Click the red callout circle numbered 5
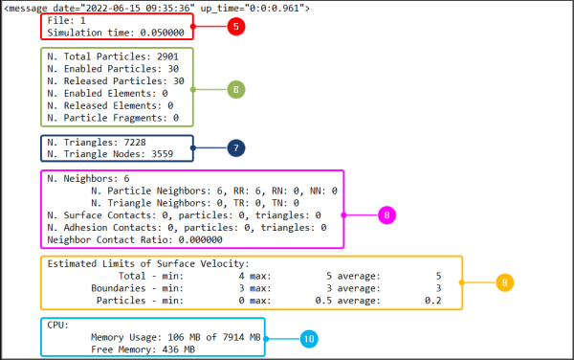(x=235, y=26)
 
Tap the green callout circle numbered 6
(x=235, y=89)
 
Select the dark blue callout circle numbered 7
(x=235, y=148)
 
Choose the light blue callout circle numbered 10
(x=308, y=338)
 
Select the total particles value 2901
(x=159, y=56)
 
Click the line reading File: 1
(x=66, y=20)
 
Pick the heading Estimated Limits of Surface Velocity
(x=147, y=263)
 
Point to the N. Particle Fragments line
(x=112, y=118)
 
